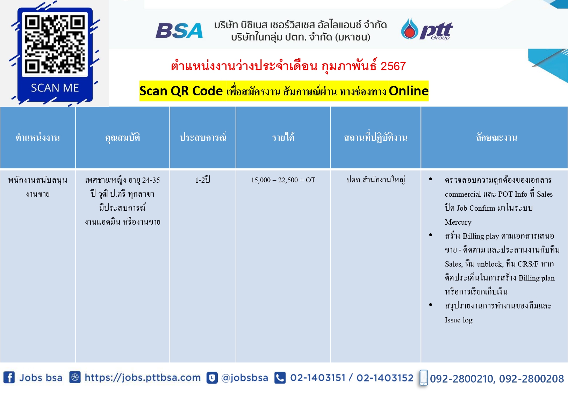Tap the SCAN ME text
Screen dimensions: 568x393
(x=55, y=88)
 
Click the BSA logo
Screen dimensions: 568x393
(x=179, y=31)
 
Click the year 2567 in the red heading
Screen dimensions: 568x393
(x=393, y=66)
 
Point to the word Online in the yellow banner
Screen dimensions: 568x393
(x=409, y=91)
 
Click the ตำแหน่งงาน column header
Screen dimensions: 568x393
(x=38, y=138)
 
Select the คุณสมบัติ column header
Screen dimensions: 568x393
(x=122, y=138)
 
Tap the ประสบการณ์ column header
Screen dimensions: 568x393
(x=203, y=137)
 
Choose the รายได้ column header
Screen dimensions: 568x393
(x=283, y=137)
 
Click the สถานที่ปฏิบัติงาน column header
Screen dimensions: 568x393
(x=375, y=138)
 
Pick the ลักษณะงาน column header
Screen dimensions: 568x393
(x=496, y=138)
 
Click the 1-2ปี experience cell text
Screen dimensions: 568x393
(x=203, y=180)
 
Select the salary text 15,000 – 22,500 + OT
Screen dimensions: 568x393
(x=283, y=180)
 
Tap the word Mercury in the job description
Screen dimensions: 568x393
(x=458, y=222)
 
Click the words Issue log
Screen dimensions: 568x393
(x=459, y=320)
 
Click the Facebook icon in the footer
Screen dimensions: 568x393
(x=9, y=378)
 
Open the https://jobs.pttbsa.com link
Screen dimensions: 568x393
(x=143, y=378)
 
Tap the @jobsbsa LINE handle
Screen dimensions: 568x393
(x=244, y=378)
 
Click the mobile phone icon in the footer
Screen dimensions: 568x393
(x=423, y=378)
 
